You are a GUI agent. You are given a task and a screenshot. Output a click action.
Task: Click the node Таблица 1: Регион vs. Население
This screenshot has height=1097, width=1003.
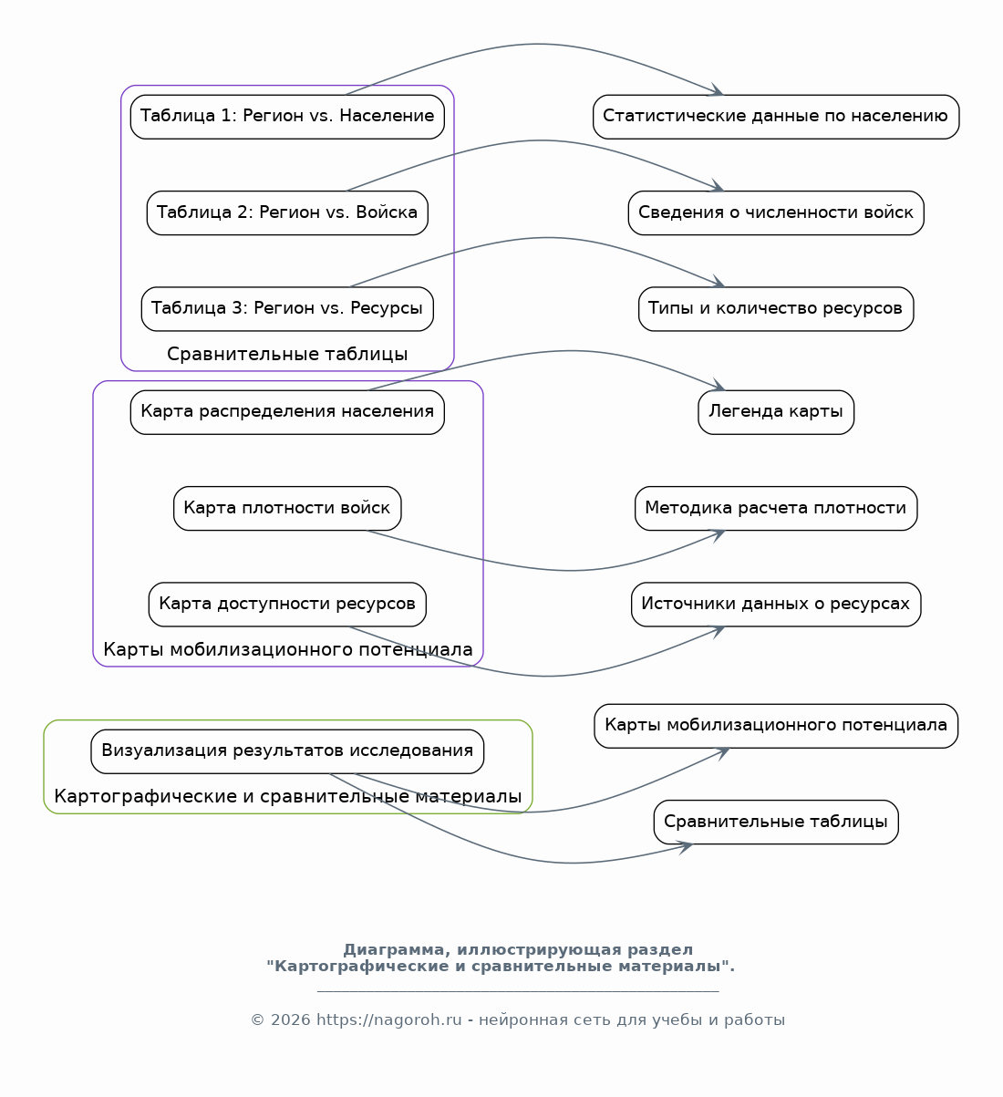click(x=287, y=117)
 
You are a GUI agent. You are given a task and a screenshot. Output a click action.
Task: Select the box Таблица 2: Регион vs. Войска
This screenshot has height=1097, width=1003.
click(x=287, y=213)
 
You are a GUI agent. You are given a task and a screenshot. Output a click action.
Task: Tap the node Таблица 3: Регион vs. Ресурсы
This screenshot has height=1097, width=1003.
click(x=287, y=309)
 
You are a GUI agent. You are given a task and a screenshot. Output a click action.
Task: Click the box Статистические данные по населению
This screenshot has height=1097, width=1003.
click(x=776, y=117)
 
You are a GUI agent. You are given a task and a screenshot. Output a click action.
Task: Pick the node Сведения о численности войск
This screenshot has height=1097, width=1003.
click(x=776, y=213)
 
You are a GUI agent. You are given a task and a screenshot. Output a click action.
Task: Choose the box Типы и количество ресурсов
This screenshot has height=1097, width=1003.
click(x=776, y=309)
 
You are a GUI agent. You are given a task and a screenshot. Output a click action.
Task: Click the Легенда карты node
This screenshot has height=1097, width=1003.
click(x=776, y=412)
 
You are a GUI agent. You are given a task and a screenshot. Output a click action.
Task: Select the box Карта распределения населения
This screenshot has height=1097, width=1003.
click(x=287, y=412)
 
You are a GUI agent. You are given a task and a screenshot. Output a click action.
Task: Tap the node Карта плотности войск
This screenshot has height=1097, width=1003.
click(x=287, y=509)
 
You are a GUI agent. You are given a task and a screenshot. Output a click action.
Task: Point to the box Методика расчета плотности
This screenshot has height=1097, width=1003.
click(x=776, y=509)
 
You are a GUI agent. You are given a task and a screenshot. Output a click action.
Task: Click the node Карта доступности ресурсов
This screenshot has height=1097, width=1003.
click(x=287, y=605)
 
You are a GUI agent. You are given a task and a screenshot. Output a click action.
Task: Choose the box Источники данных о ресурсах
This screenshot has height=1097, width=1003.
click(x=776, y=605)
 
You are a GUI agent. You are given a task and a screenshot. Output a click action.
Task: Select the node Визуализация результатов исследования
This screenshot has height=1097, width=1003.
click(x=287, y=751)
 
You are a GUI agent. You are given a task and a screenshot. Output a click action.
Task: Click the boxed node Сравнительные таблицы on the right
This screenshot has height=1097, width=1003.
click(x=776, y=822)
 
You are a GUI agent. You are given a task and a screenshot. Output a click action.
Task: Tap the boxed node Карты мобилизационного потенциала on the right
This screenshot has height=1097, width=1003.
click(x=776, y=726)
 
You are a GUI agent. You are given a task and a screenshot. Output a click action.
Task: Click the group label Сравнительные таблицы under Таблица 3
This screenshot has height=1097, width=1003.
click(x=287, y=355)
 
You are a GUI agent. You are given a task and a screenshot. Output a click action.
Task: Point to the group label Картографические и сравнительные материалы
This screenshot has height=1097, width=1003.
click(x=287, y=796)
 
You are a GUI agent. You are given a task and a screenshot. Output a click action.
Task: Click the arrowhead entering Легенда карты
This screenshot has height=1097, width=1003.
click(x=719, y=386)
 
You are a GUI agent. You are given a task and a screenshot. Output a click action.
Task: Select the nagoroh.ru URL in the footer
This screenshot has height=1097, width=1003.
click(x=388, y=1019)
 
